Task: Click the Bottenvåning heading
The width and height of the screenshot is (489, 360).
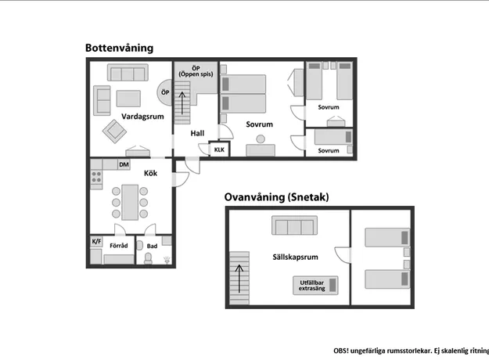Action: tap(120, 48)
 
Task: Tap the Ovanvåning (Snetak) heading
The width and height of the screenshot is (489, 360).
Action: tap(277, 197)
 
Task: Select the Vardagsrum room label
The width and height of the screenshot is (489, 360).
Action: tap(142, 117)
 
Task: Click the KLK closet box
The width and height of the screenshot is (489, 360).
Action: tap(220, 149)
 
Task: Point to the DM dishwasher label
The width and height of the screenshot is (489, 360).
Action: tap(124, 164)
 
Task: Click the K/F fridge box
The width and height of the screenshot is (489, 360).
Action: tap(96, 241)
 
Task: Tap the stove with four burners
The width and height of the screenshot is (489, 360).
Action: tap(96, 177)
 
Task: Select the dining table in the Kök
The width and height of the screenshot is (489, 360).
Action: tap(130, 203)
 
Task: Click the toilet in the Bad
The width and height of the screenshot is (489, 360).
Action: tap(148, 258)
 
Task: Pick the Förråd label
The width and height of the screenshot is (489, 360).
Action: tap(119, 246)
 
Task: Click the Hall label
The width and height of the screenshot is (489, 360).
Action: tap(197, 134)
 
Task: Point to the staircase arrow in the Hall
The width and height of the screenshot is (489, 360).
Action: tap(182, 103)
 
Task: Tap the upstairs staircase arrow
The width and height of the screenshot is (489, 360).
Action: tap(239, 279)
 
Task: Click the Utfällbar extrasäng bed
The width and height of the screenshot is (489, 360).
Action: tap(315, 285)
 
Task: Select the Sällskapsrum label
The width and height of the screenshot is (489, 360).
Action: tap(295, 257)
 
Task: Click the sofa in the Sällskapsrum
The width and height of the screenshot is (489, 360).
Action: tap(294, 225)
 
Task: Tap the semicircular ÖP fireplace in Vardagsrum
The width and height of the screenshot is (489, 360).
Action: tap(164, 92)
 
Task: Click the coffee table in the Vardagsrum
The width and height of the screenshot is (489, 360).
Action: tap(128, 99)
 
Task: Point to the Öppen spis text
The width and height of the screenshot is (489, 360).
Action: tap(196, 74)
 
